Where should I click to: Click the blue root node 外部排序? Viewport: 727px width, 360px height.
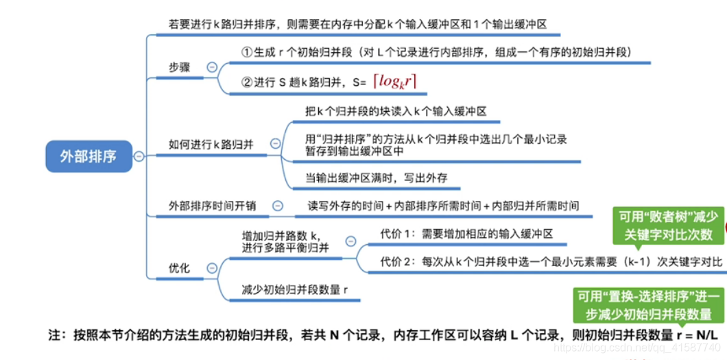click(x=88, y=156)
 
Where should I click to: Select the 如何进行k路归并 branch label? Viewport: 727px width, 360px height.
click(x=211, y=144)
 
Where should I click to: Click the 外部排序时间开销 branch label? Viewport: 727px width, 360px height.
click(x=213, y=206)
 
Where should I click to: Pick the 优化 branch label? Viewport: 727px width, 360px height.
click(x=179, y=268)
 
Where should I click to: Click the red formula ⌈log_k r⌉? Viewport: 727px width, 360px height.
click(x=394, y=82)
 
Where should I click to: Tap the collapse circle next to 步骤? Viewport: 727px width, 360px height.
click(x=212, y=67)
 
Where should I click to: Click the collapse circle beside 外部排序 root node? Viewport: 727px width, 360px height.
click(x=139, y=156)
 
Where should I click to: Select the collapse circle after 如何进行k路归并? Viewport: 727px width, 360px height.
click(x=276, y=143)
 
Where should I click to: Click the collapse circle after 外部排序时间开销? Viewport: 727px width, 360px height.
click(x=278, y=205)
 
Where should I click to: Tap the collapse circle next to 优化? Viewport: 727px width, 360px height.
click(x=212, y=268)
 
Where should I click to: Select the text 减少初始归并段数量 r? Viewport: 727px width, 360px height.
click(x=295, y=289)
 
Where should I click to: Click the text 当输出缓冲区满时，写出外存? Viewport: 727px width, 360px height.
click(x=377, y=178)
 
